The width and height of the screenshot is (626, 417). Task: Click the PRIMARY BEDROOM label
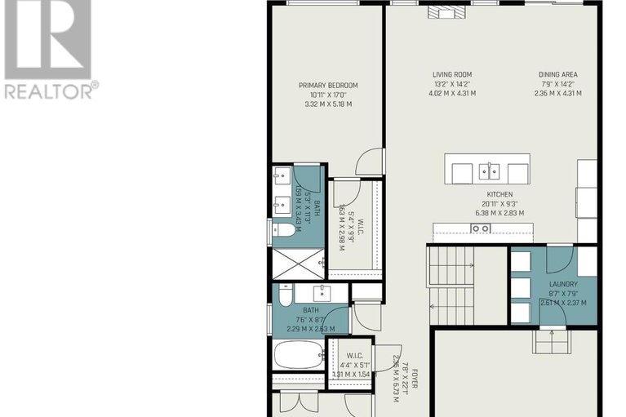coord(328,86)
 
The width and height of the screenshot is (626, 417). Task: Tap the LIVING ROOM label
coord(453,75)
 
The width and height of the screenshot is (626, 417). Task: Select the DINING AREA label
coord(558,75)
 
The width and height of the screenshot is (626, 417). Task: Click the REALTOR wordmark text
coord(50,90)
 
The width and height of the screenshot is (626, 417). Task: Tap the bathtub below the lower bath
coord(299,354)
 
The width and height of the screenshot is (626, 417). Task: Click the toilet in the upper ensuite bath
coord(286,231)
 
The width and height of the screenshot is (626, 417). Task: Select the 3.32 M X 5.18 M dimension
coord(327,104)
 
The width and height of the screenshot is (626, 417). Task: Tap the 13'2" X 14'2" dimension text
coord(452,84)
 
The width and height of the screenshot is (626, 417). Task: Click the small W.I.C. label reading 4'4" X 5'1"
coord(354,357)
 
